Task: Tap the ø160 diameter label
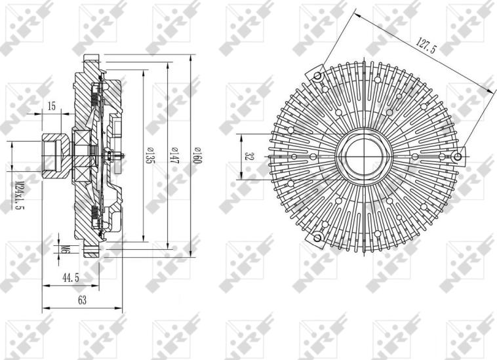pyautogui.click(x=196, y=157)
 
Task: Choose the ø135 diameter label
pyautogui.click(x=149, y=157)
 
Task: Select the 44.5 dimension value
pyautogui.click(x=71, y=278)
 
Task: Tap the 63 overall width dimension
pyautogui.click(x=82, y=300)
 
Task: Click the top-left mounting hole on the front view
pyautogui.click(x=318, y=76)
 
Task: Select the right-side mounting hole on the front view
pyautogui.click(x=459, y=156)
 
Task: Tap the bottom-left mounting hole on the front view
pyautogui.click(x=318, y=237)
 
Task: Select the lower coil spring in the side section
pyautogui.click(x=97, y=213)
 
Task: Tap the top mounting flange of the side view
pyautogui.click(x=90, y=66)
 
